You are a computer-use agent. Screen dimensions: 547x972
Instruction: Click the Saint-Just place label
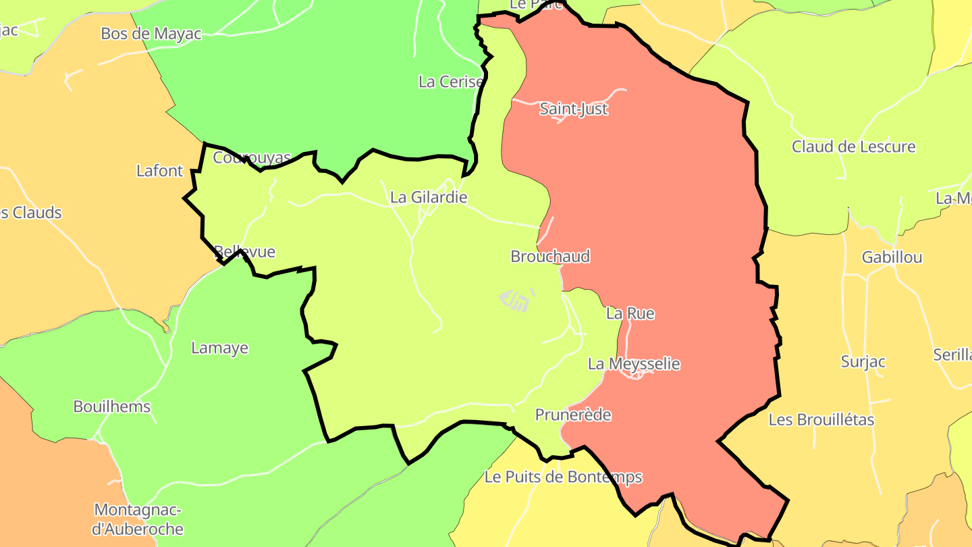pos(574,109)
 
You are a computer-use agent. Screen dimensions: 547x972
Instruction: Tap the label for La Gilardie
pos(429,197)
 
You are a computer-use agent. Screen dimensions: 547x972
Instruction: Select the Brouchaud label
pos(550,256)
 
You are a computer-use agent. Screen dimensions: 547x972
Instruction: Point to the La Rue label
pos(630,313)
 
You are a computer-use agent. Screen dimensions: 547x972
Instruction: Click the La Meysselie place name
pos(634,363)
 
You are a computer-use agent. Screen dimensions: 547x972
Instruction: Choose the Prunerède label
pos(573,415)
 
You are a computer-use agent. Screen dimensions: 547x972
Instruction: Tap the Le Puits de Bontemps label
pos(563,477)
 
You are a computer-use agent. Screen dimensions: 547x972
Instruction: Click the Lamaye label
pos(219,348)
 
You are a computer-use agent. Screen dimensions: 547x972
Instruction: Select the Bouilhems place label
pos(112,407)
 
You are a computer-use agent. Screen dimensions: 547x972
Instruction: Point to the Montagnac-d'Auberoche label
pos(138,519)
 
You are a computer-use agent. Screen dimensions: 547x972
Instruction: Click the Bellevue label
pos(245,252)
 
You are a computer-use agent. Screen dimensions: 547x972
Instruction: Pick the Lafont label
pos(159,171)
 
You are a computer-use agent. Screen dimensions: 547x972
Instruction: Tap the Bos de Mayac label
pos(151,33)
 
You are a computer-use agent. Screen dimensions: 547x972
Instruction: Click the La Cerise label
pos(451,82)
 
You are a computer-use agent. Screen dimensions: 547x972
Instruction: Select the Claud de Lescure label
pos(853,147)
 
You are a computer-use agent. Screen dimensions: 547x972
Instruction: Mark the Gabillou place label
pos(892,257)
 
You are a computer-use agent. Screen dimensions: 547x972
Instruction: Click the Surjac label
pos(863,361)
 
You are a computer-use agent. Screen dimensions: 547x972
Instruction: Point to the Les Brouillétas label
pos(821,419)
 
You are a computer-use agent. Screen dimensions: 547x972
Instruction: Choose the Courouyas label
pos(252,157)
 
